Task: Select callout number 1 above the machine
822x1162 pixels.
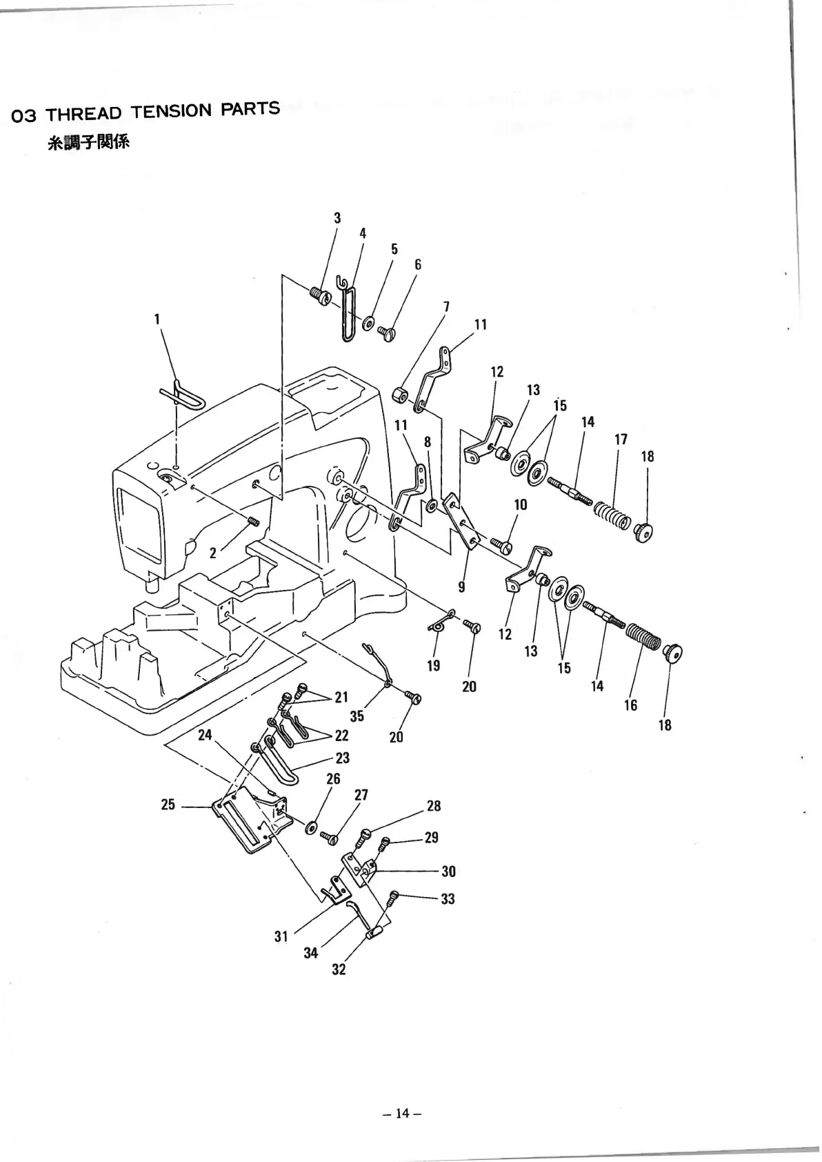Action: point(157,319)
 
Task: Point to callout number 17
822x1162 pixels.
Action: point(621,440)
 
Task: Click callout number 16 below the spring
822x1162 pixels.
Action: point(630,705)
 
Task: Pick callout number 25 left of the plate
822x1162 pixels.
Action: point(168,805)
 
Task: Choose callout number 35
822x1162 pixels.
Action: point(357,716)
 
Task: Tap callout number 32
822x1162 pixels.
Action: point(339,969)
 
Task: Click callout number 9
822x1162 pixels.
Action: point(461,587)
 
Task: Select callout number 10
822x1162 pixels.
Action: point(520,504)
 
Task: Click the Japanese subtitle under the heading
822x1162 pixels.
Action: point(88,144)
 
